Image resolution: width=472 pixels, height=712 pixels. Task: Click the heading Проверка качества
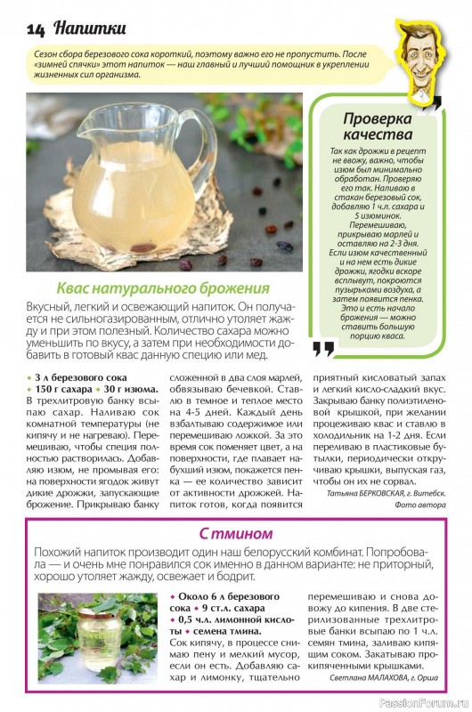pyautogui.click(x=378, y=126)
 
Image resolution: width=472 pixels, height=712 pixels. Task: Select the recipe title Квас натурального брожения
pyautogui.click(x=163, y=288)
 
